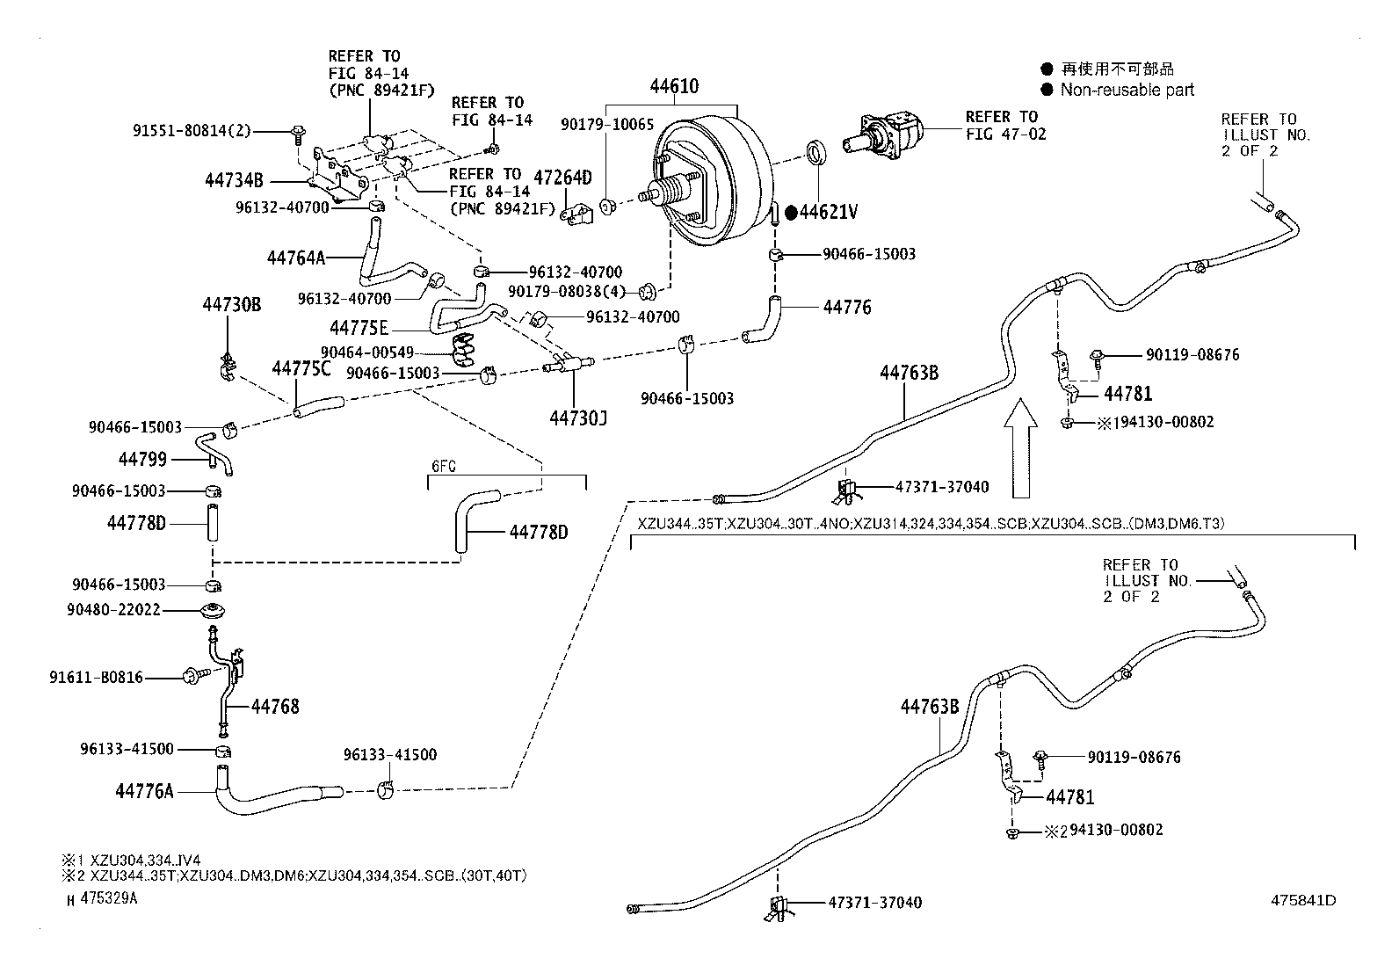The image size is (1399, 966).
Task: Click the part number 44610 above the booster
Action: tap(674, 86)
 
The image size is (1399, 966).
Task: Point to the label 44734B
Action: tap(234, 182)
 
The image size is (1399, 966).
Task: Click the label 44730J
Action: tap(578, 418)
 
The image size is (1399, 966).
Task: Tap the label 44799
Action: tap(142, 459)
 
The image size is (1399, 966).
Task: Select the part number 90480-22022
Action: tap(113, 609)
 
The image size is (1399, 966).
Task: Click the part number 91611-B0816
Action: tap(96, 678)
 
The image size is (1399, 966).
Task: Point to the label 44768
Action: tap(275, 706)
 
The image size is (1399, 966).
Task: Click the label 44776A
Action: tap(144, 791)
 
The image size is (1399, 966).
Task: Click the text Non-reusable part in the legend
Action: tap(1127, 90)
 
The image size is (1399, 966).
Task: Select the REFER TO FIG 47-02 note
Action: tap(1004, 126)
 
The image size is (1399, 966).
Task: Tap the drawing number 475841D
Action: tap(1302, 900)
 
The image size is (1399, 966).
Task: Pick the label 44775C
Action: tap(301, 368)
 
